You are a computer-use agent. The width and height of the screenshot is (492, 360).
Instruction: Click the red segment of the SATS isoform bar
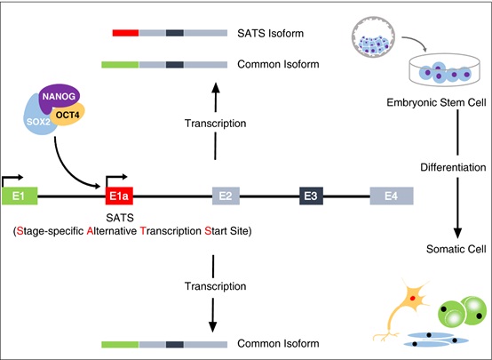tap(125, 34)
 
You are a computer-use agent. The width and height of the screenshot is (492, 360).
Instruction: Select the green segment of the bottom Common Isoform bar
tap(120, 343)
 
